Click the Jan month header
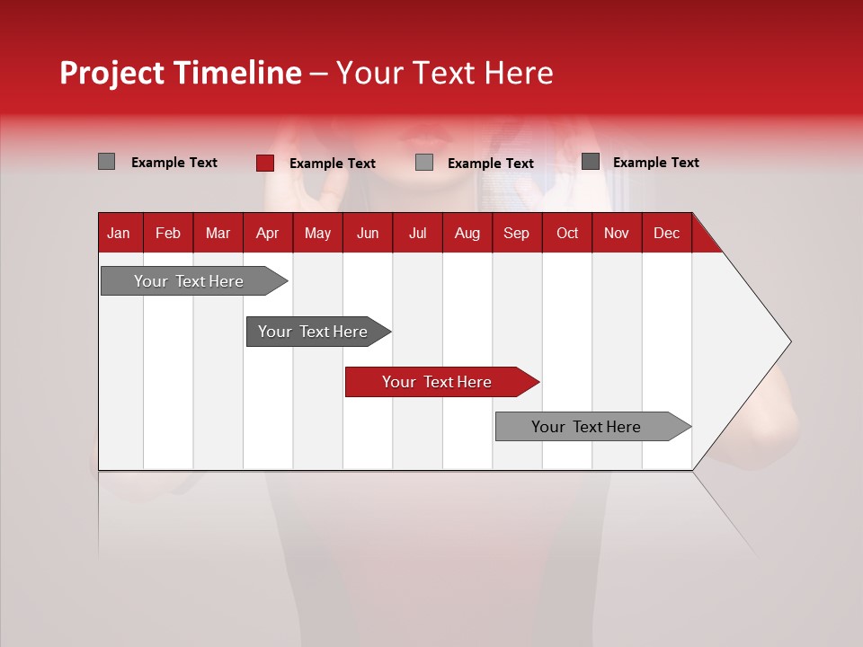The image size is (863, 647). click(119, 233)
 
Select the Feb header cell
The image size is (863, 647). click(168, 233)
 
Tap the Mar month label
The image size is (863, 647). click(218, 233)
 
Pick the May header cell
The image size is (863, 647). click(317, 233)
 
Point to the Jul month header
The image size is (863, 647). click(417, 233)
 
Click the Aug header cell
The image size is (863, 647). click(467, 233)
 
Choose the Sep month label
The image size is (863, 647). click(517, 233)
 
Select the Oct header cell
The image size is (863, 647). click(567, 233)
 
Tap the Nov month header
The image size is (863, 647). click(617, 233)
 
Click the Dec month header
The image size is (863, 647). click(666, 233)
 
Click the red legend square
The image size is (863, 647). click(265, 163)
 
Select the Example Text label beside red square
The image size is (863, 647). click(332, 164)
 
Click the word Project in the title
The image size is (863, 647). click(112, 74)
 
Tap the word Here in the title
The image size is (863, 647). click(519, 74)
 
